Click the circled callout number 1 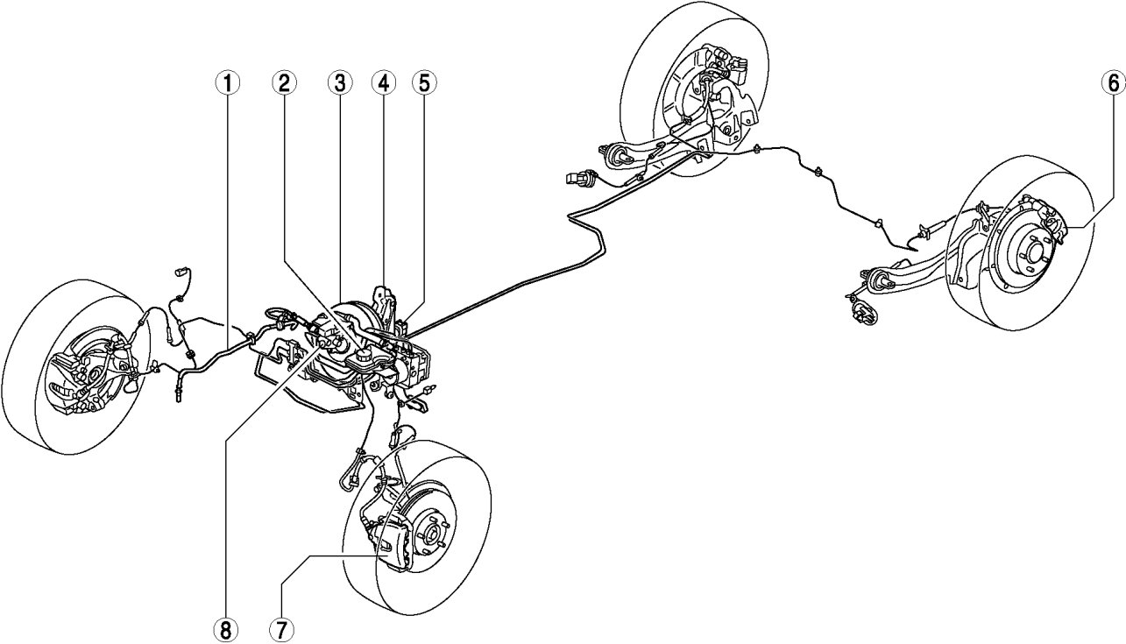[x=228, y=84]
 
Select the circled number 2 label [x=285, y=84]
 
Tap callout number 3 [x=340, y=84]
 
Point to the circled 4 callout [x=384, y=84]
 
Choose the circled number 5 [x=424, y=84]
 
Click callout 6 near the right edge [x=1114, y=84]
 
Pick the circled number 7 [x=281, y=629]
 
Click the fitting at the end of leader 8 [x=322, y=343]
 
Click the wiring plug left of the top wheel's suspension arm [x=576, y=178]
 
